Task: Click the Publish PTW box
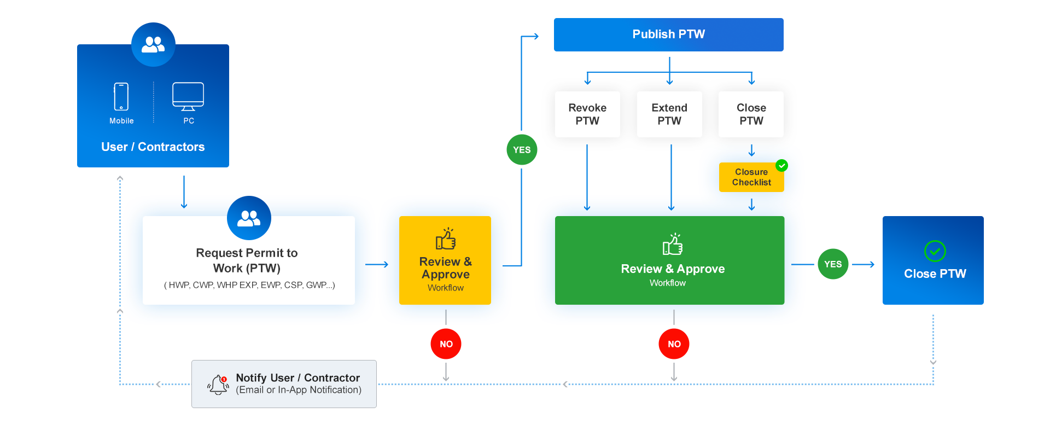click(x=668, y=34)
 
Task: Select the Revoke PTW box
click(x=587, y=114)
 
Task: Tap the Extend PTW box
click(x=669, y=114)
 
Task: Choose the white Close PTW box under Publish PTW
click(x=751, y=114)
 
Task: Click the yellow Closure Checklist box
click(x=751, y=177)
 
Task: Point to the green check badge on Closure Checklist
click(x=782, y=165)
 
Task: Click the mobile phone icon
click(x=121, y=97)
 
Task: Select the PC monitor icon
click(x=188, y=96)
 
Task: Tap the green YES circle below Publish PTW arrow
click(x=522, y=150)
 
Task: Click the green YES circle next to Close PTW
click(x=833, y=264)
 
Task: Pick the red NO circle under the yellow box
click(x=446, y=344)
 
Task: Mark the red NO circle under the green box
click(x=674, y=344)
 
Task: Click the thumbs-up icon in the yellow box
click(x=446, y=239)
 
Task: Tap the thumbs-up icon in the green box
click(x=673, y=245)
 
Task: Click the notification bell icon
click(x=218, y=384)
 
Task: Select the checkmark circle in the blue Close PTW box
click(x=935, y=252)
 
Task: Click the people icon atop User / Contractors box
click(x=153, y=44)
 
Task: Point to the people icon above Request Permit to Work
click(x=249, y=218)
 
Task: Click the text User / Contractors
click(x=153, y=147)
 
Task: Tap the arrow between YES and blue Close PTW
click(x=864, y=265)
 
